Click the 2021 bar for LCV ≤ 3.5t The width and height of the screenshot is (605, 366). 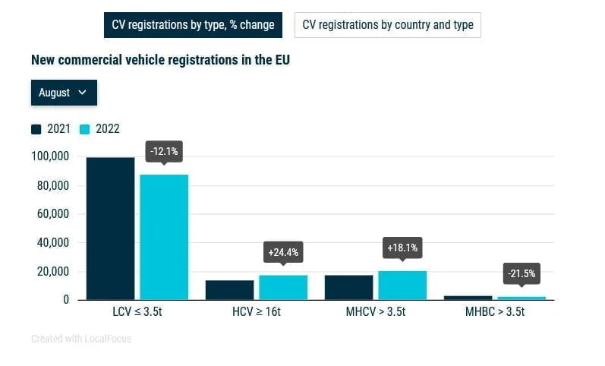110,228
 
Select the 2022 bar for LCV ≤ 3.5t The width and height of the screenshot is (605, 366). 164,237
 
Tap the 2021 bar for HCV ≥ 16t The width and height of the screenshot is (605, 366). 229,290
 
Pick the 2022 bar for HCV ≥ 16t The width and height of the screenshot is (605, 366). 283,287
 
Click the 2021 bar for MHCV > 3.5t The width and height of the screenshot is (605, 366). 348,287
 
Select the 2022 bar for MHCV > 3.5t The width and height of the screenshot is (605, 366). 402,285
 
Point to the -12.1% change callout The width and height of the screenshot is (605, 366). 164,151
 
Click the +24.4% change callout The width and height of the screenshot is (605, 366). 283,251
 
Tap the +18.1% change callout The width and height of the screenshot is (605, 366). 402,248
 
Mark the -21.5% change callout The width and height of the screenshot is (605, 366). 521,273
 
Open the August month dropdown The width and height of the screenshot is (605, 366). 64,93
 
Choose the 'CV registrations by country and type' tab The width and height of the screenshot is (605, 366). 387,25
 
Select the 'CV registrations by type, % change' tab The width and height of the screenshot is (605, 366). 193,25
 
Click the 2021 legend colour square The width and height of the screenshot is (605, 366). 36,129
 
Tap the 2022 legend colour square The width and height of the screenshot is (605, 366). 85,129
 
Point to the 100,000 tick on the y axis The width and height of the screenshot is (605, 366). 50,156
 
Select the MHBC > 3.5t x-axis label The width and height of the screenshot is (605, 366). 494,312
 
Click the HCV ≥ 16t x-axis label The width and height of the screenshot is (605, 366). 256,312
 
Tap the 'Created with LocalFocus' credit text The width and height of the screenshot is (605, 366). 81,339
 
